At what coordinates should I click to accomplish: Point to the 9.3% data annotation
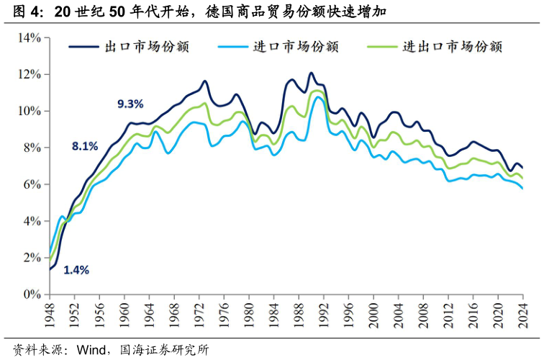coord(130,104)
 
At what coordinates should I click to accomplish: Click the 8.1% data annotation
coord(84,146)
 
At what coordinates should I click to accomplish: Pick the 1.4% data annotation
coord(76,270)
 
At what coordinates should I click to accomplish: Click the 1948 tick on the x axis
coord(50,315)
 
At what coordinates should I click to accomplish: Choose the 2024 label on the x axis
coord(522,315)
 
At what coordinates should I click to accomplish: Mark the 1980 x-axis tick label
coord(248,315)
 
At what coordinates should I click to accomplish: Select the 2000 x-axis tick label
coord(373,315)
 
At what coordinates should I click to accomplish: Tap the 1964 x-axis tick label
coord(149,315)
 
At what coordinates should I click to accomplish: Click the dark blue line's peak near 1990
coord(311,73)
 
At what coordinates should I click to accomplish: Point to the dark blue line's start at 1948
coord(50,269)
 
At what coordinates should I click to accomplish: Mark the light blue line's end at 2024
coord(522,189)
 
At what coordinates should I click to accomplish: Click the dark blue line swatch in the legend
coord(83,47)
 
